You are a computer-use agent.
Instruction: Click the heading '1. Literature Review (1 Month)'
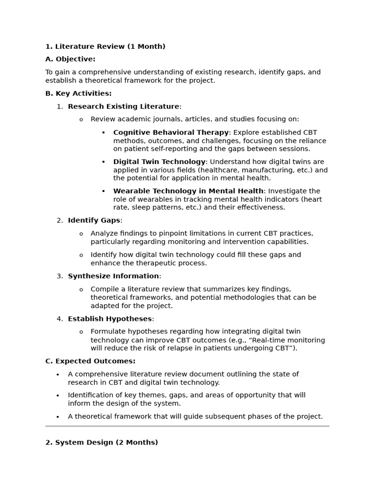pos(105,47)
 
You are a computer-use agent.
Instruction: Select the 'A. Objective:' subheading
pos(70,59)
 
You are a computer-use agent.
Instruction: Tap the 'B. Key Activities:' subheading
pos(78,93)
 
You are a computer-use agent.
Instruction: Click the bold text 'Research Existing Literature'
pos(124,106)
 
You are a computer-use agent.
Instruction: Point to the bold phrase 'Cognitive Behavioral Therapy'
pos(171,132)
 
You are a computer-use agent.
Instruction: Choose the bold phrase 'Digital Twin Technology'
pos(159,162)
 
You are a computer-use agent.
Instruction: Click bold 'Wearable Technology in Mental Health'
pos(188,191)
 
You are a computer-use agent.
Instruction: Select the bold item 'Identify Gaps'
pos(94,220)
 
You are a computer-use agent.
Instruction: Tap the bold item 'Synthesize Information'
pos(113,276)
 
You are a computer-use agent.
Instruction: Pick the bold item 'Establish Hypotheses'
pos(110,319)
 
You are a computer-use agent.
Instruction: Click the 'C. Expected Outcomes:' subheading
pos(90,361)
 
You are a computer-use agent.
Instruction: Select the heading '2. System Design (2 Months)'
pos(102,442)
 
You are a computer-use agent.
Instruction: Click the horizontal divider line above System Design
pos(187,426)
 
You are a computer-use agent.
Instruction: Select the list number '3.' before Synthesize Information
pos(60,276)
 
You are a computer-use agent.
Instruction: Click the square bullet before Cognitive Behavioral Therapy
pos(104,133)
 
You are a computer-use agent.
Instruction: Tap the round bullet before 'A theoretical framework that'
pos(58,417)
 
